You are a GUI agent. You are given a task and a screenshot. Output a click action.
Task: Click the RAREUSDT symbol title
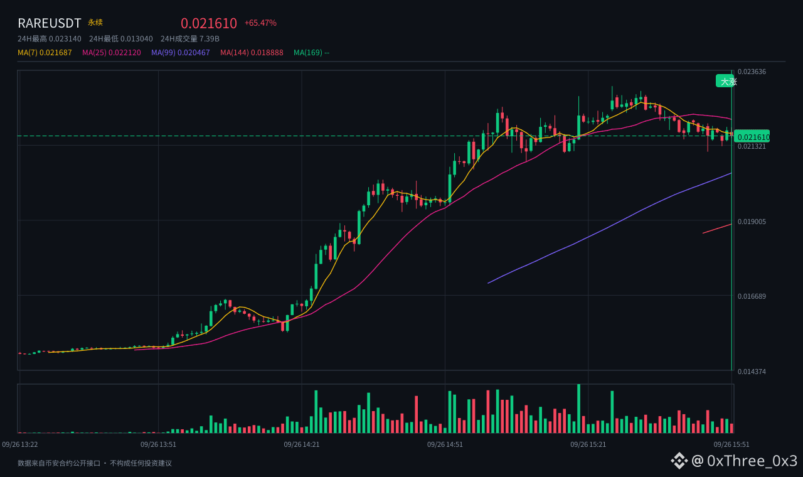click(50, 23)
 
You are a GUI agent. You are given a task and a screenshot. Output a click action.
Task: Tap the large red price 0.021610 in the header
click(209, 23)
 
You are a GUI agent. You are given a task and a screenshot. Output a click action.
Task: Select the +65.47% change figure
click(260, 23)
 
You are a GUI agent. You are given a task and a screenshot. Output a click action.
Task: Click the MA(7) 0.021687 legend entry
click(45, 53)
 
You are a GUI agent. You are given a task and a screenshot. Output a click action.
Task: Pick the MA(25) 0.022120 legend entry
click(112, 53)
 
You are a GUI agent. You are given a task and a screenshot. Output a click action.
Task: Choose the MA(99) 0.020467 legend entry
click(180, 53)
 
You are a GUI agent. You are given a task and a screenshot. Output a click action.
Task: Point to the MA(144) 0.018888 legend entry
click(252, 53)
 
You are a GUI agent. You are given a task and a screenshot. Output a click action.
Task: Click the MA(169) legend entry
click(312, 53)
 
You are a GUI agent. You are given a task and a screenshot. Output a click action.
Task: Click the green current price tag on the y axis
click(752, 137)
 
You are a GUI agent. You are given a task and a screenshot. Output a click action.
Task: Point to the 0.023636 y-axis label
click(752, 72)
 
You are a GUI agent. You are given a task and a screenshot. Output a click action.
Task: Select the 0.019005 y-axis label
click(752, 222)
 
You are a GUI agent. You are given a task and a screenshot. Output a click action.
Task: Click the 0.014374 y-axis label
click(752, 372)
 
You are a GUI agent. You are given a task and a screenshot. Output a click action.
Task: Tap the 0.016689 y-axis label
click(752, 296)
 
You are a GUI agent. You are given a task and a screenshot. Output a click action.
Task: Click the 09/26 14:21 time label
click(302, 444)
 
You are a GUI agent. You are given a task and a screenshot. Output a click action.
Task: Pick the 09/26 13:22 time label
click(19, 444)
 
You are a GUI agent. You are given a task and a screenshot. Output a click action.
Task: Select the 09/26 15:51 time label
click(731, 444)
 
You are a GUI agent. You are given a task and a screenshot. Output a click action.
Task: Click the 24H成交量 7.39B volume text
click(189, 39)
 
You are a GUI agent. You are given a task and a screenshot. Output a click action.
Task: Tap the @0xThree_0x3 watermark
click(734, 461)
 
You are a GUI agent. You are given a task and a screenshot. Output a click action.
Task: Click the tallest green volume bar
click(578, 409)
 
